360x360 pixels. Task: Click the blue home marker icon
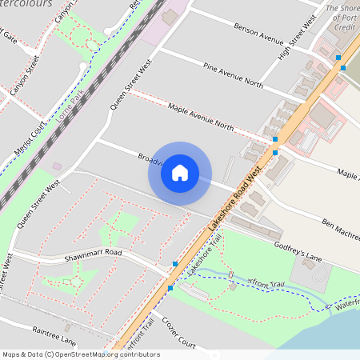point(180,171)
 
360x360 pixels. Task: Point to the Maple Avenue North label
point(202,116)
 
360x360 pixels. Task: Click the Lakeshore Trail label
point(205,263)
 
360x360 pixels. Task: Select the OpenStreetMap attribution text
point(80,354)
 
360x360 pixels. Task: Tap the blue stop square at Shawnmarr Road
point(174,263)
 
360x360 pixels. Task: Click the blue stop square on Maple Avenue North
point(275,139)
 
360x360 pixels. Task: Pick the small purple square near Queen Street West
point(56,166)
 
